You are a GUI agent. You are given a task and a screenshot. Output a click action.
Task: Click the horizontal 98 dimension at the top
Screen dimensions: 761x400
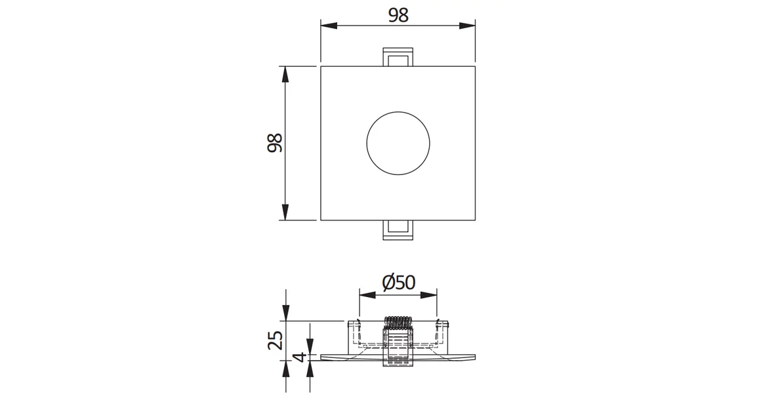(398, 16)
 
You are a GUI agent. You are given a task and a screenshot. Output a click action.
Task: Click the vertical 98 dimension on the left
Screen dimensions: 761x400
(275, 142)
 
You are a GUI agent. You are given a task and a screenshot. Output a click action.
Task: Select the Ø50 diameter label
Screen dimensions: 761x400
(398, 282)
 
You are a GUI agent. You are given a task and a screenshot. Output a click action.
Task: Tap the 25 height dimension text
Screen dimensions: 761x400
(275, 340)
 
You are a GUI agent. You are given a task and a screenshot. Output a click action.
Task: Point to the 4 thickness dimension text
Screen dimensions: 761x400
(300, 357)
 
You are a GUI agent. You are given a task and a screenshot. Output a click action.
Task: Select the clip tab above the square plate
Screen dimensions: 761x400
(398, 56)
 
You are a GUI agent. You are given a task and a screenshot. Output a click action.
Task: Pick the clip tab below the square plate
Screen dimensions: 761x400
(398, 230)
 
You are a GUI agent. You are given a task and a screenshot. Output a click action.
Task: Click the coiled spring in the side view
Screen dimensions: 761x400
(398, 323)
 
